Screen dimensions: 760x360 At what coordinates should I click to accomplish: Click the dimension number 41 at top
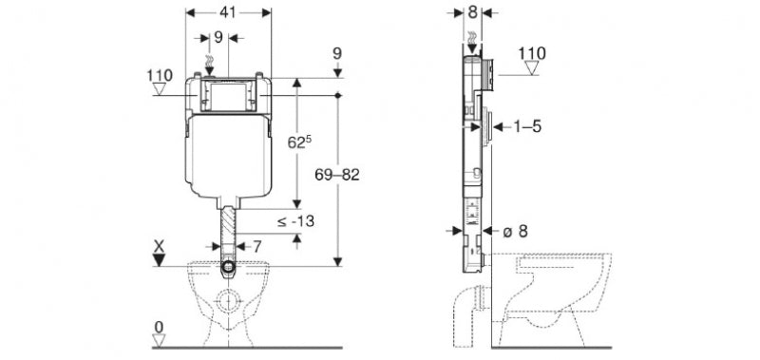point(228,12)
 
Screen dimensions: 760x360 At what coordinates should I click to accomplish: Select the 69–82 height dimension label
point(337,175)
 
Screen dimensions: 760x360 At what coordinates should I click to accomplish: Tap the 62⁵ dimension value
point(299,142)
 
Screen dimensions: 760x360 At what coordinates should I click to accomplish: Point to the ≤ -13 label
point(295,221)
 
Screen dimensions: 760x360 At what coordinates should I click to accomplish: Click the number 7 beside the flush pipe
point(256,247)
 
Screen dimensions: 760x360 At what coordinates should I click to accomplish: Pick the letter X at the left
point(159,246)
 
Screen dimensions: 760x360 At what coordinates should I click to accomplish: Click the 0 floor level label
point(159,327)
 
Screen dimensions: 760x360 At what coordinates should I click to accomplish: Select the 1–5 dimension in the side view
point(527,127)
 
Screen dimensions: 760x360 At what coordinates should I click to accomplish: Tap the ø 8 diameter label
point(515,231)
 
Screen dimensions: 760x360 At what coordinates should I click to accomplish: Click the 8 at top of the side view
point(472,12)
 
